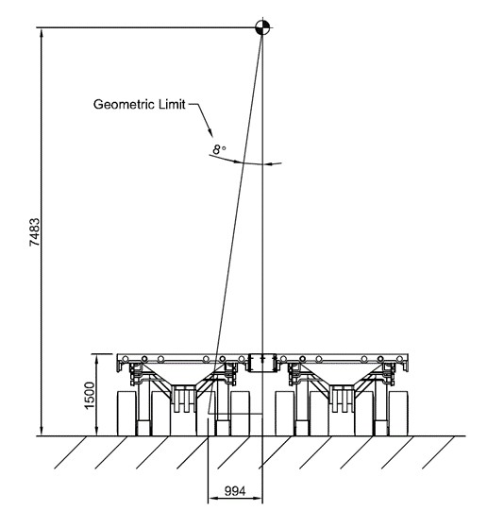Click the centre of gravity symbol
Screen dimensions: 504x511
point(262,27)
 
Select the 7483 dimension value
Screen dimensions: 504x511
point(35,232)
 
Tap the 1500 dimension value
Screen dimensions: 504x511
point(90,395)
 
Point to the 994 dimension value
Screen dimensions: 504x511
point(235,491)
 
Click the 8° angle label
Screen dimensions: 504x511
point(219,149)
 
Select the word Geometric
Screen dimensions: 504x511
point(124,105)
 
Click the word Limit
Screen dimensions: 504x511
point(172,104)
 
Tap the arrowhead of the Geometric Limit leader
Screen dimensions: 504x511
point(210,132)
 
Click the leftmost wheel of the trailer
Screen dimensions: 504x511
point(126,413)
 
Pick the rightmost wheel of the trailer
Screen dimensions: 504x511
point(398,413)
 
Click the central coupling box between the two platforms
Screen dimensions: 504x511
point(262,363)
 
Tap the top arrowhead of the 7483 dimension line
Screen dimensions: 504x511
point(42,32)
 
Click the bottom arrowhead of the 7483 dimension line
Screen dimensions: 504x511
point(42,431)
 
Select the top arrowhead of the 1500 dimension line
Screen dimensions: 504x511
point(96,359)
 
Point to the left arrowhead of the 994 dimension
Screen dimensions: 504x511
point(213,498)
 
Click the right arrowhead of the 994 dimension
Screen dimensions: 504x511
point(258,498)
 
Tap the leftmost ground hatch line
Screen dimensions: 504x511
point(71,452)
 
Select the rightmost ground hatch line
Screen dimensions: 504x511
point(438,452)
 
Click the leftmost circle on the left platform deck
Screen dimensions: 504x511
point(126,359)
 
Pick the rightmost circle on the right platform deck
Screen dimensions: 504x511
point(399,359)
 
